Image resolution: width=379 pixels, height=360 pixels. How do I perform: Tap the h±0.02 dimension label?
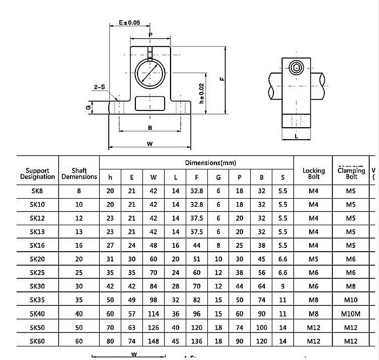[201, 94]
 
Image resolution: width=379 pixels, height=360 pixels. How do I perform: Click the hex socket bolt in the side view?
[296, 68]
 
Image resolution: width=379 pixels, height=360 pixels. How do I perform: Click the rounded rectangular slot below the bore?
[149, 103]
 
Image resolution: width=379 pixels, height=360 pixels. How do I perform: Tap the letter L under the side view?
[296, 136]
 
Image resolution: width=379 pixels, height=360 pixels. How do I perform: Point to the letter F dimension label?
[222, 78]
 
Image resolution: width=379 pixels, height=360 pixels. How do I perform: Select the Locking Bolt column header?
[313, 173]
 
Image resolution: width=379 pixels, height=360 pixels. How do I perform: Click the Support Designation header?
[38, 173]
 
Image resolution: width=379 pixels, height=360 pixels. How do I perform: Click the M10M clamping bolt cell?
[351, 313]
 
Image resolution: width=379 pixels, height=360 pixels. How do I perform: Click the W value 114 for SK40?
[153, 313]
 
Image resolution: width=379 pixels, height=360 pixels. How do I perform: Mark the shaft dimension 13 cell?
[79, 231]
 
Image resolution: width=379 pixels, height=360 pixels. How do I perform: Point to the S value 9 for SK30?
[282, 286]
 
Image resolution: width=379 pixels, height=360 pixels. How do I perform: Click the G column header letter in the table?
[218, 177]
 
